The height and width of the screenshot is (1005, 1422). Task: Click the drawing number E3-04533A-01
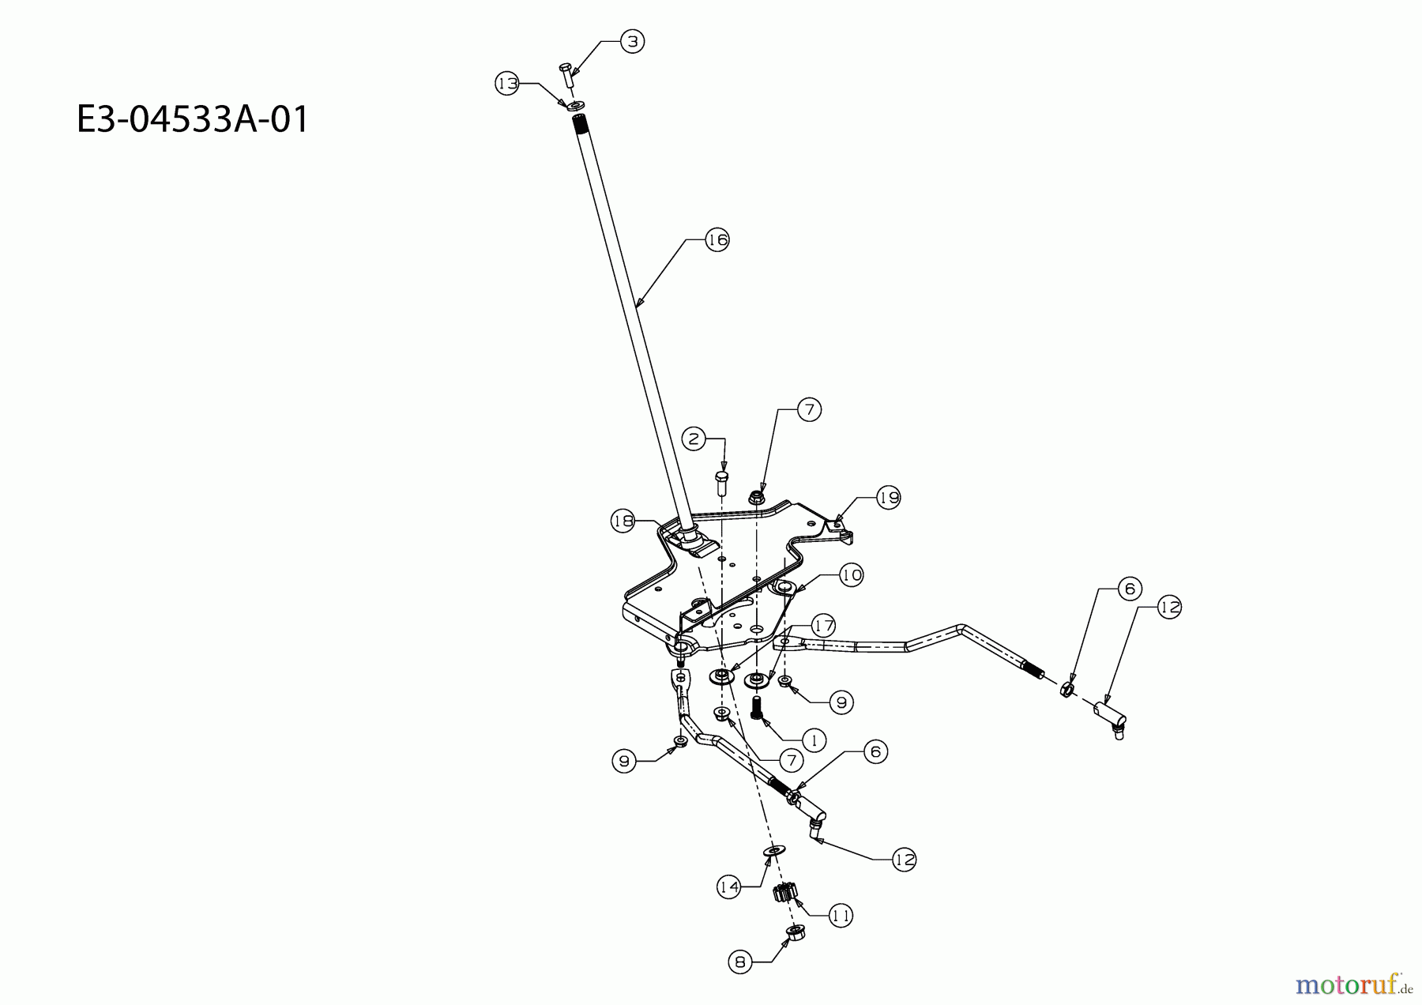(193, 121)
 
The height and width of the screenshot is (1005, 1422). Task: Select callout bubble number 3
(632, 41)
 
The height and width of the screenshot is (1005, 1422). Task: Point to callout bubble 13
(507, 83)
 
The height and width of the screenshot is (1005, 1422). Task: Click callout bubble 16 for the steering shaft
(717, 239)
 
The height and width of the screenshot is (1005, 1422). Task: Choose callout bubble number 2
(694, 439)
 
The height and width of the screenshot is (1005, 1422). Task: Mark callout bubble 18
(623, 521)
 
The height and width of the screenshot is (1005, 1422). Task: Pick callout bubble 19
(889, 498)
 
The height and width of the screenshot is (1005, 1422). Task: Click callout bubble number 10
(851, 574)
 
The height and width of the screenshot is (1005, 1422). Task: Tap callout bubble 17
(824, 627)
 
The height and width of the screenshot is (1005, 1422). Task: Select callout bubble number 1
(813, 740)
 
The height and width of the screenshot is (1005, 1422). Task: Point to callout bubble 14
(729, 887)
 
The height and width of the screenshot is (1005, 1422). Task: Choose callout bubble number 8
(739, 962)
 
